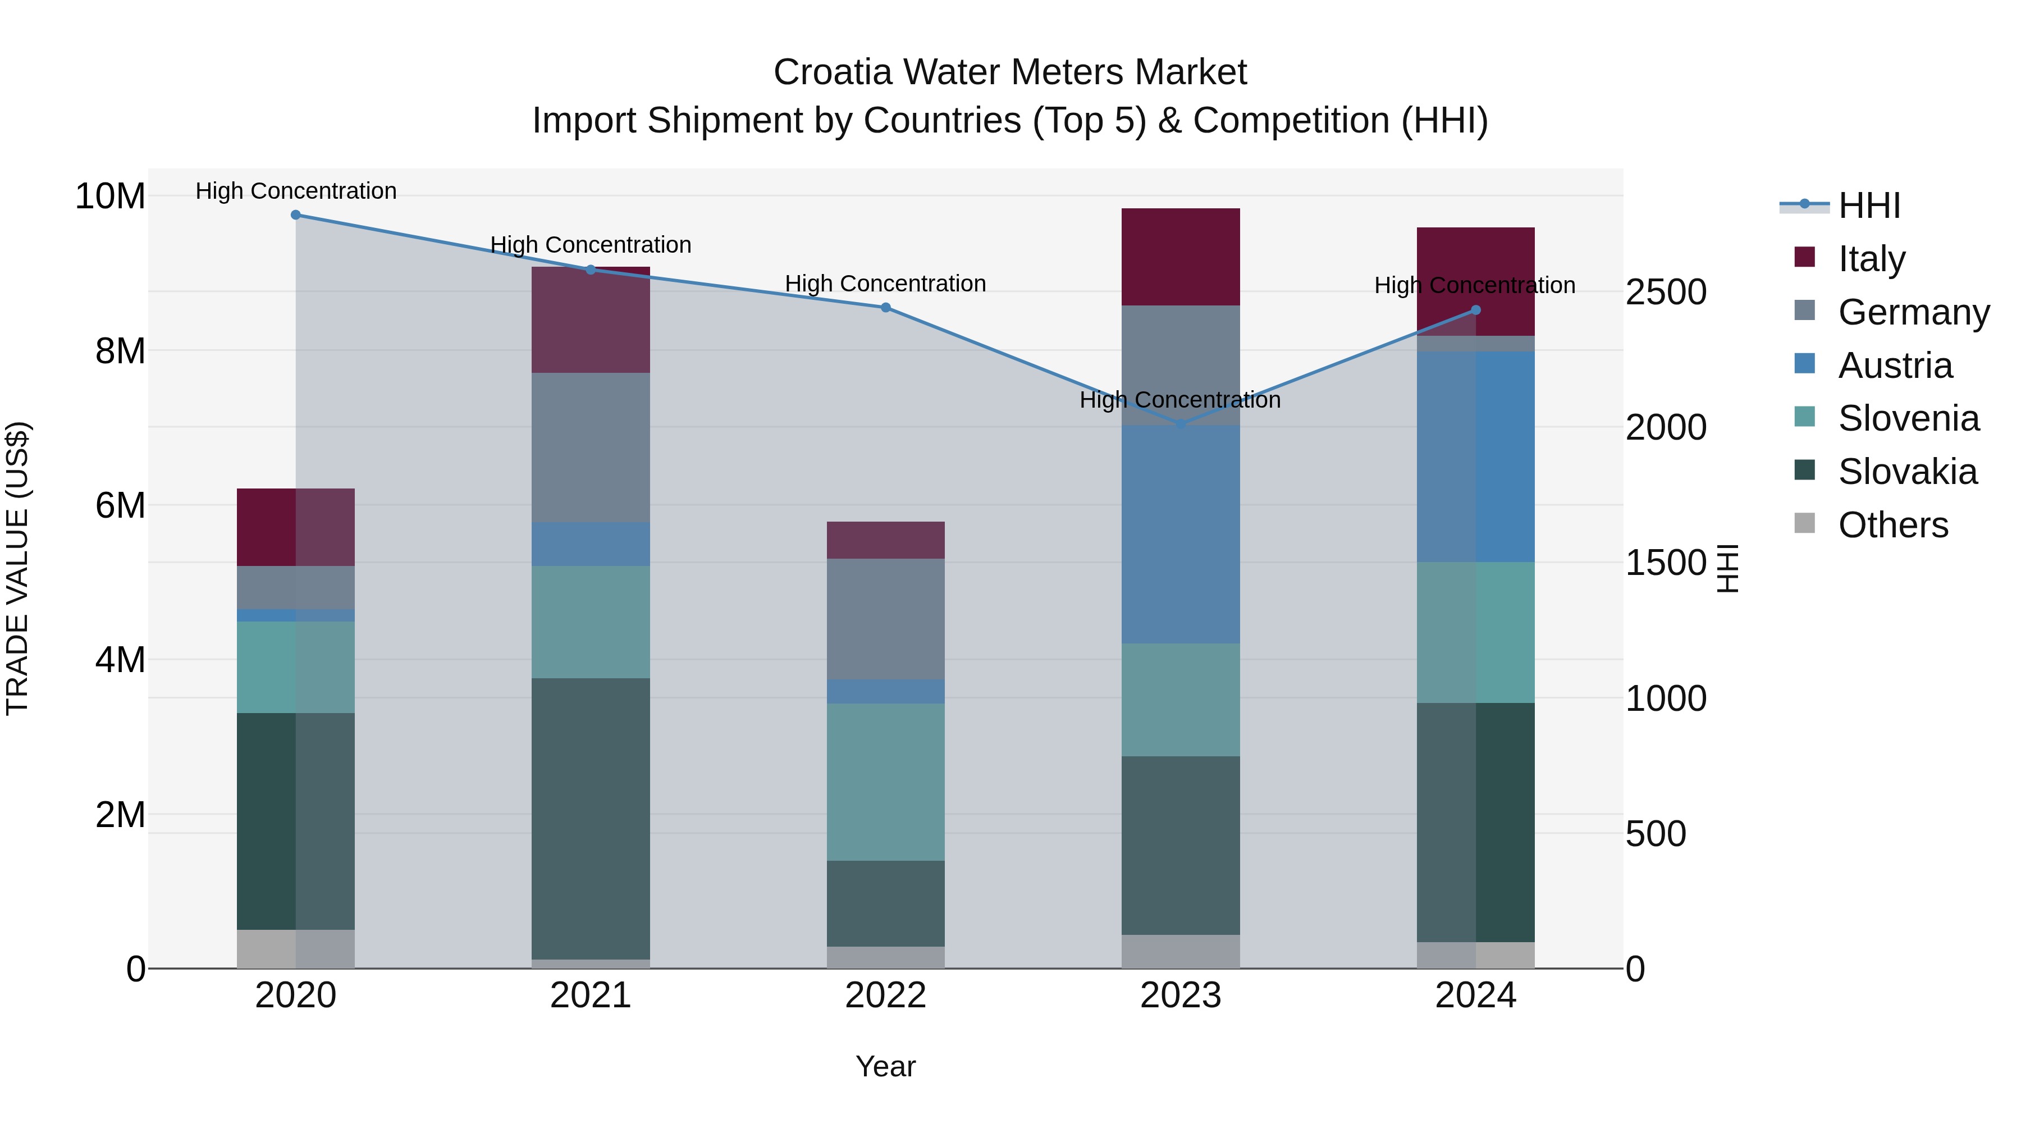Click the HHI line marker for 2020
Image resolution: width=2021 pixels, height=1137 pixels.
(x=296, y=215)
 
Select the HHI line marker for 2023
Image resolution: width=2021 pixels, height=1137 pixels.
(x=1181, y=424)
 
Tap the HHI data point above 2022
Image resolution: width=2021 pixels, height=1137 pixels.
(x=886, y=308)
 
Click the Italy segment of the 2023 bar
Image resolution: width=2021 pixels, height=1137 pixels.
(x=1181, y=257)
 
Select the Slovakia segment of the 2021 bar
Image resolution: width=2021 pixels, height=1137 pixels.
(x=591, y=819)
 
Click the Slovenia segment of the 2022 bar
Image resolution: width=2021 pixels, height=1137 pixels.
(x=886, y=782)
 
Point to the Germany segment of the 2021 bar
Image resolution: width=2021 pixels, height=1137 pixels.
(x=591, y=448)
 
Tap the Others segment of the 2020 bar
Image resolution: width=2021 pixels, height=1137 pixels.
(x=296, y=949)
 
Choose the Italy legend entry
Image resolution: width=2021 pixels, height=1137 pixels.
(x=1871, y=259)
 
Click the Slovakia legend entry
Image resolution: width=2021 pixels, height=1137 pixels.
(x=1906, y=472)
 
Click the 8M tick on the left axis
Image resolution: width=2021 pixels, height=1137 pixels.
(x=120, y=351)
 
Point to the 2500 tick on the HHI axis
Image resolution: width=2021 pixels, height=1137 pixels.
(x=1666, y=292)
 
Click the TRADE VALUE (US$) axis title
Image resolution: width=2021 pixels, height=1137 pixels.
(x=17, y=568)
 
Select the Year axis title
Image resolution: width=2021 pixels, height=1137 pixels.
(x=886, y=1066)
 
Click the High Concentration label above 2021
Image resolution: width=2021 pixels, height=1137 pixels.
(x=591, y=245)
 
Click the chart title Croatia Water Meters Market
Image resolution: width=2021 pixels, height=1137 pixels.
(x=1010, y=72)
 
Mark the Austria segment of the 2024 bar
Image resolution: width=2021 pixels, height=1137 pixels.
(x=1476, y=456)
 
